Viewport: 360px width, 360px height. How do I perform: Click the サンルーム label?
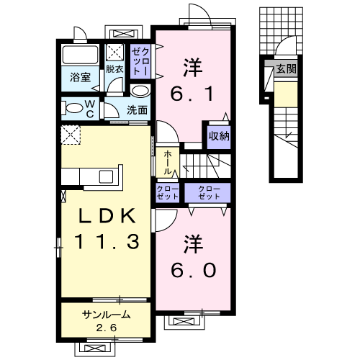(x=106, y=315)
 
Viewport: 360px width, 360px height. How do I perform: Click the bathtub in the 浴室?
(x=80, y=55)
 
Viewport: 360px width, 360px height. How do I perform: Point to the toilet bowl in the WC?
(x=73, y=109)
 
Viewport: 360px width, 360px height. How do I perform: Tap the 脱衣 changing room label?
(x=115, y=69)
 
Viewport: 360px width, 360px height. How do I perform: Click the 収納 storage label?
(x=220, y=136)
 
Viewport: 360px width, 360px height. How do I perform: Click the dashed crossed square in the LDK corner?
(x=70, y=134)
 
